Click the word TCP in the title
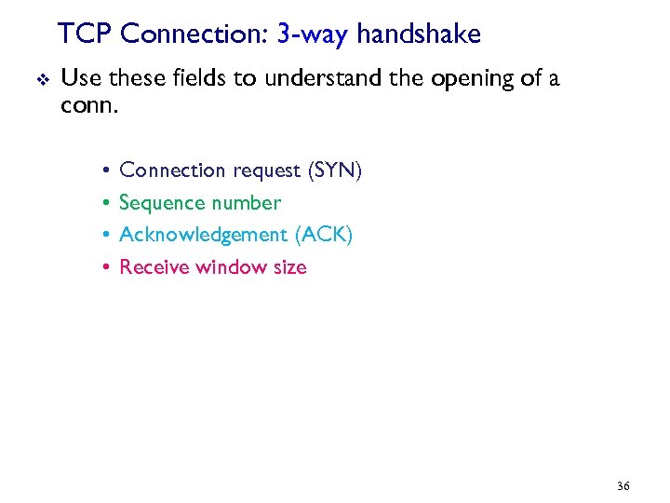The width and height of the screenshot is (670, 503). [x=86, y=34]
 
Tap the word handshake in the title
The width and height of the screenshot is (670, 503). [x=419, y=34]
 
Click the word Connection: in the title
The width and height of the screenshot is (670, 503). [x=195, y=34]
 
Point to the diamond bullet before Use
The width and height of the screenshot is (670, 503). [x=36, y=79]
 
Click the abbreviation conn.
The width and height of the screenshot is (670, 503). [x=88, y=105]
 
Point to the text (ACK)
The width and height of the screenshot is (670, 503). [x=322, y=235]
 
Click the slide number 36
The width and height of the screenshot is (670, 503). [x=623, y=486]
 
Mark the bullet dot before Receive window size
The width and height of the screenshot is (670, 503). [x=106, y=267]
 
